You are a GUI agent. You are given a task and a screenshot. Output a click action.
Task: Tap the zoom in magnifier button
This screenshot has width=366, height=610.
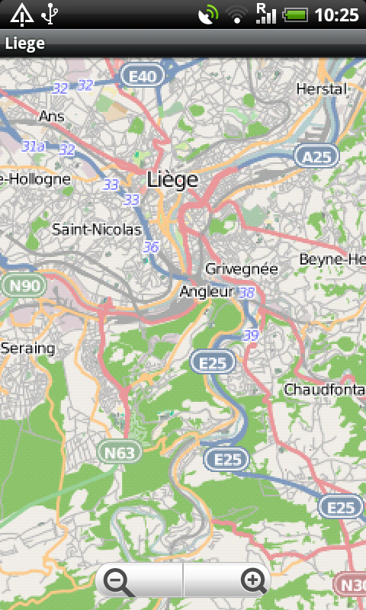click(253, 582)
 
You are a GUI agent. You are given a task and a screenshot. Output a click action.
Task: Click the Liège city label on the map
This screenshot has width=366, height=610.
click(172, 180)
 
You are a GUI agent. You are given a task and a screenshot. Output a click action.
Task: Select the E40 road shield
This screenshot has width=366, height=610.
click(143, 75)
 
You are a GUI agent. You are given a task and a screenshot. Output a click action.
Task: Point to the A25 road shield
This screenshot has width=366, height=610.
click(316, 156)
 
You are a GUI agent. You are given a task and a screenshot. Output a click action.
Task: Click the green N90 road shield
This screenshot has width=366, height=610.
click(24, 286)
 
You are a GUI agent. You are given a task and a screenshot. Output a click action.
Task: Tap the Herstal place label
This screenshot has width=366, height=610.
click(321, 88)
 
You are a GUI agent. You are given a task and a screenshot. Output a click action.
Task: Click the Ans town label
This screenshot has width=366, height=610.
click(51, 117)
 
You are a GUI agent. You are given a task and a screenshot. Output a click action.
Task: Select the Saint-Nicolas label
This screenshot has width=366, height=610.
click(96, 229)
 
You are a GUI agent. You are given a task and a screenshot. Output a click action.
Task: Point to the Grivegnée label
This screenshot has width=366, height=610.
click(241, 269)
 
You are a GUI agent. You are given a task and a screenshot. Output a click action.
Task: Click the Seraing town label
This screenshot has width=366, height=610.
click(28, 348)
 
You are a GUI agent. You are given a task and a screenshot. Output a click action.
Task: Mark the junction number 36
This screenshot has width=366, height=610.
click(151, 247)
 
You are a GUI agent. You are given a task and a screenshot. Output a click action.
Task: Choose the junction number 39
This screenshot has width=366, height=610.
click(251, 335)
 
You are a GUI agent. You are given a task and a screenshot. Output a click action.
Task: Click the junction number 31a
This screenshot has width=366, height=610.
click(33, 146)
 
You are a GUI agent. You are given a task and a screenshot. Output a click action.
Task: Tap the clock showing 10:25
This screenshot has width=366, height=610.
click(336, 14)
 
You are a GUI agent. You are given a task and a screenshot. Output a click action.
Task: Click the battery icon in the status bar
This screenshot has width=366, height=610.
click(296, 14)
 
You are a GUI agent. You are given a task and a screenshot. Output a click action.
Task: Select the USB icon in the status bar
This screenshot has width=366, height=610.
click(50, 14)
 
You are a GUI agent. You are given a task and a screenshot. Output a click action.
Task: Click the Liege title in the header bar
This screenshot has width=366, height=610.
click(25, 43)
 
